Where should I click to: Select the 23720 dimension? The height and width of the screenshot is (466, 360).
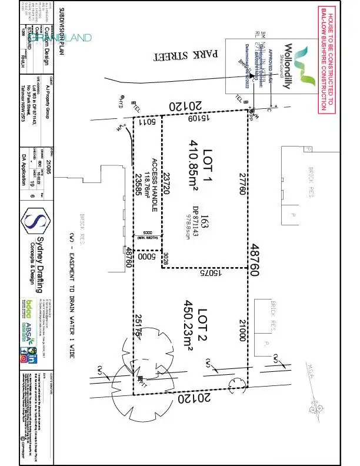pos(167,187)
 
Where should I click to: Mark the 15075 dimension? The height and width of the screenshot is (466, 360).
pos(202,272)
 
